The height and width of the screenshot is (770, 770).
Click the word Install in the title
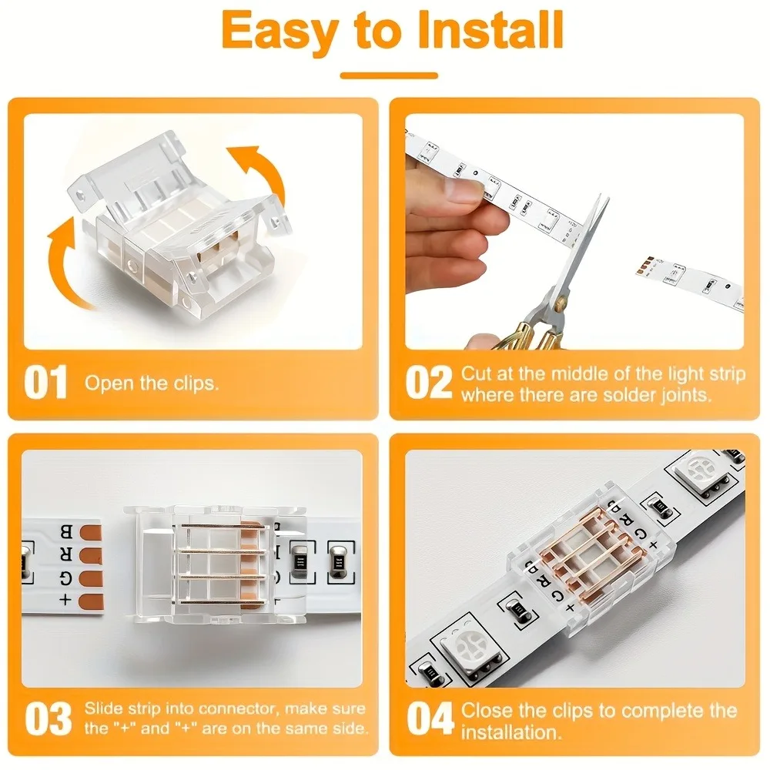[491, 30]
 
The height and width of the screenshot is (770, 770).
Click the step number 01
[45, 382]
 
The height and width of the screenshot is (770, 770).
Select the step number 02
[428, 382]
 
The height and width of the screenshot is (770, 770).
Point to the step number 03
[48, 718]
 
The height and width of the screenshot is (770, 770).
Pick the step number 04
[430, 718]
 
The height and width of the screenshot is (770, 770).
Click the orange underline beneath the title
[389, 75]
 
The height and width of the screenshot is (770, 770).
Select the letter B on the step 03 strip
[65, 532]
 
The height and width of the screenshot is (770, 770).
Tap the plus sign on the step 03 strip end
[65, 600]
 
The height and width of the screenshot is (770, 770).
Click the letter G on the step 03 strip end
[65, 578]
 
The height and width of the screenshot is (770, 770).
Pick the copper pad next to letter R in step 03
[90, 556]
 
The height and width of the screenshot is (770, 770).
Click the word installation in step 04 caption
[511, 732]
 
